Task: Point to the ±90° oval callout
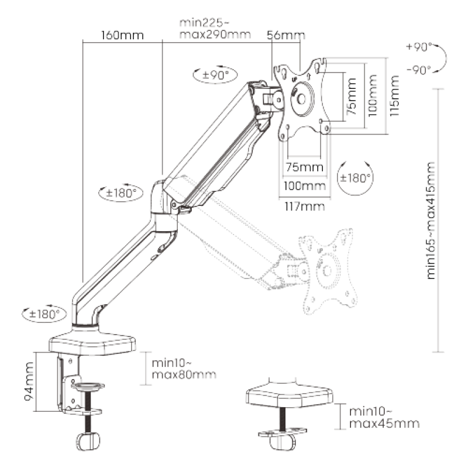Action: tap(214, 74)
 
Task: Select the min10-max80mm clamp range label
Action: tap(184, 369)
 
